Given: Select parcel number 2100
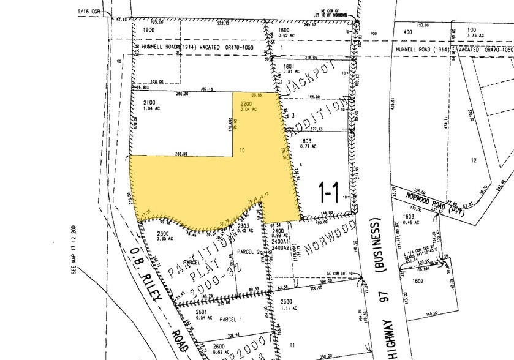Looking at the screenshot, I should click(149, 102).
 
